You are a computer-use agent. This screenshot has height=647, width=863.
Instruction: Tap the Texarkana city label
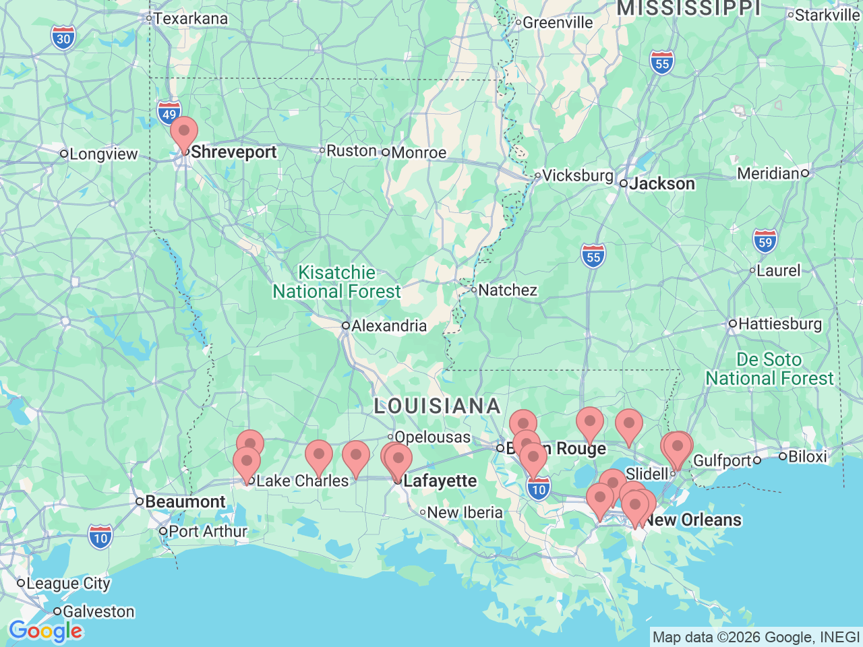(x=190, y=18)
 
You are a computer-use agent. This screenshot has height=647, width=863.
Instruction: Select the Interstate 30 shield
(x=63, y=38)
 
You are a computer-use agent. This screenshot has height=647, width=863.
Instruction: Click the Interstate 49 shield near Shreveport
(x=169, y=113)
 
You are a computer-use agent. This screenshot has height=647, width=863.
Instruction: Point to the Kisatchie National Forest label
(x=336, y=282)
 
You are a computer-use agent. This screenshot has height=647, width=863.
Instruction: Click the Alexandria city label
(x=388, y=326)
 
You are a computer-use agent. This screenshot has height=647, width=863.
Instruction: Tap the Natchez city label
(x=507, y=290)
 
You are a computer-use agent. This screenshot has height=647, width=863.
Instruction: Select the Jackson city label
(x=661, y=183)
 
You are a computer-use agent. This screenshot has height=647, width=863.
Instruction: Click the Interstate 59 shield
(x=765, y=241)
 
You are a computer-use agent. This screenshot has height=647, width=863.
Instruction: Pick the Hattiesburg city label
(x=779, y=323)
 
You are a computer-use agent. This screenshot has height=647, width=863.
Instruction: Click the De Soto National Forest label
(x=769, y=369)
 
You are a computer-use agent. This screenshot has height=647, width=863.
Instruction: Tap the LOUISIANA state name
(x=438, y=406)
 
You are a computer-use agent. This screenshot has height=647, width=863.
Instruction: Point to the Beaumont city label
(x=185, y=501)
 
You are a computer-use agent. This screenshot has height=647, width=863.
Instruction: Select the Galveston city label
(x=98, y=611)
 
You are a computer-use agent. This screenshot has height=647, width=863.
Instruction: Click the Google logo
(x=45, y=631)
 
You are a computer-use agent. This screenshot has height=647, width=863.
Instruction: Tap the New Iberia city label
(x=465, y=512)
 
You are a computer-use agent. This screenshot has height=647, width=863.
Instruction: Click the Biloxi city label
(x=806, y=456)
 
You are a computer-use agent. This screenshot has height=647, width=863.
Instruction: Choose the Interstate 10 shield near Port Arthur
(x=100, y=537)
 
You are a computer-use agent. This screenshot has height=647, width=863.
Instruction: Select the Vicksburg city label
(x=577, y=175)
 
